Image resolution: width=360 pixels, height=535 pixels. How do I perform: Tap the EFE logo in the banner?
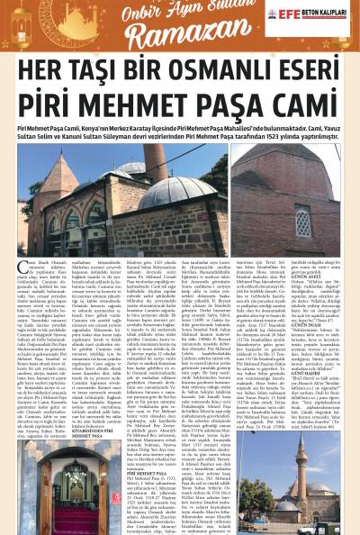coord(287,14)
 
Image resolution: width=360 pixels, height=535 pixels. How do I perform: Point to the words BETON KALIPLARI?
coord(325,14)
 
